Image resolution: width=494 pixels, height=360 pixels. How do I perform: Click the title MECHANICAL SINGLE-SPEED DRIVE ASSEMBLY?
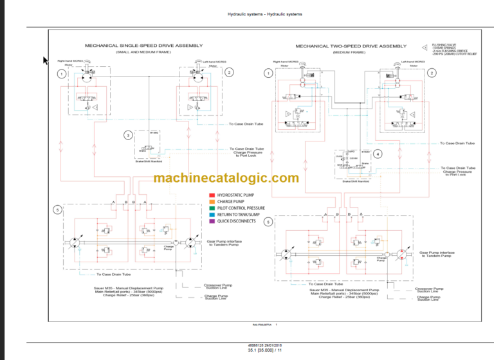[x=144, y=46]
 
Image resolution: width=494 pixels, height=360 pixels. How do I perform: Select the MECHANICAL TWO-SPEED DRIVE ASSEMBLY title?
[x=351, y=46]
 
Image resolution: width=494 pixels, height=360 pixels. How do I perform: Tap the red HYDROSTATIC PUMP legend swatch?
[x=212, y=194]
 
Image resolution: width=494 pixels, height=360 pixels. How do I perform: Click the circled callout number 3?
[x=129, y=135]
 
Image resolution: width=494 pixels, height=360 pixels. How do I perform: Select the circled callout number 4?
[x=378, y=154]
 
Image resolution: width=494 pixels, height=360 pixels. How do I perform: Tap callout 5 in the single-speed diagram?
[x=57, y=210]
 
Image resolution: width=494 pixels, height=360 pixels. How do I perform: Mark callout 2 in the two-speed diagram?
[x=432, y=73]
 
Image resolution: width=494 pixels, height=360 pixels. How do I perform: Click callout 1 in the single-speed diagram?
[x=61, y=74]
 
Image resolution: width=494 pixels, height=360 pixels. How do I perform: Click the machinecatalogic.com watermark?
[x=227, y=178]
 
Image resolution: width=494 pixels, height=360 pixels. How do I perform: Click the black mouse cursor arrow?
[x=46, y=61]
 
